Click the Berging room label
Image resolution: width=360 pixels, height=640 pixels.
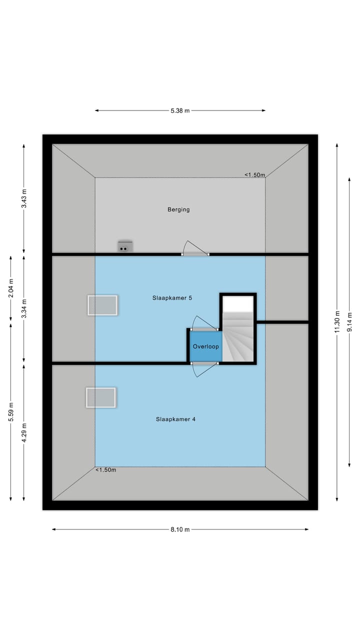pos(178,209)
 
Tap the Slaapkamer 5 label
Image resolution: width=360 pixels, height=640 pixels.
pos(172,298)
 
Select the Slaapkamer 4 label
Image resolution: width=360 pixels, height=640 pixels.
pos(175,419)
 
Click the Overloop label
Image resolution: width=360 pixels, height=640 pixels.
pos(205,346)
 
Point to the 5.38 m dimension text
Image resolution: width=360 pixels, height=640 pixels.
pos(180,110)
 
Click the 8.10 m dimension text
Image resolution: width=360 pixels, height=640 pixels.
pos(180,529)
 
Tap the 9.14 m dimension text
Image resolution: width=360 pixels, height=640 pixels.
pos(349,322)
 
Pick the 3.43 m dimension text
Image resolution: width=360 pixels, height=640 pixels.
pos(24,198)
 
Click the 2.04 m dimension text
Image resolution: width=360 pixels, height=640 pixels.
pos(11,288)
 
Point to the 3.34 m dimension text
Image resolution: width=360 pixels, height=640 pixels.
pos(24,308)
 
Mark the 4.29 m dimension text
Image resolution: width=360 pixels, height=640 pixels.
pos(24,432)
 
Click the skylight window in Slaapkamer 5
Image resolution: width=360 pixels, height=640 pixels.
pos(102,305)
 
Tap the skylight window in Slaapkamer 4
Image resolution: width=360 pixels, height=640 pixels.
pos(101,397)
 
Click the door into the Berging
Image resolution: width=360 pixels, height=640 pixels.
pos(195,248)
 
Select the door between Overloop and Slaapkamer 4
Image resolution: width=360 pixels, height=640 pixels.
pos(204,369)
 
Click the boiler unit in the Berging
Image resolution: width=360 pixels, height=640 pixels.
pos(125,247)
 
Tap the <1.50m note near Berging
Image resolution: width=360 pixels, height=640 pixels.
pos(254,175)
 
